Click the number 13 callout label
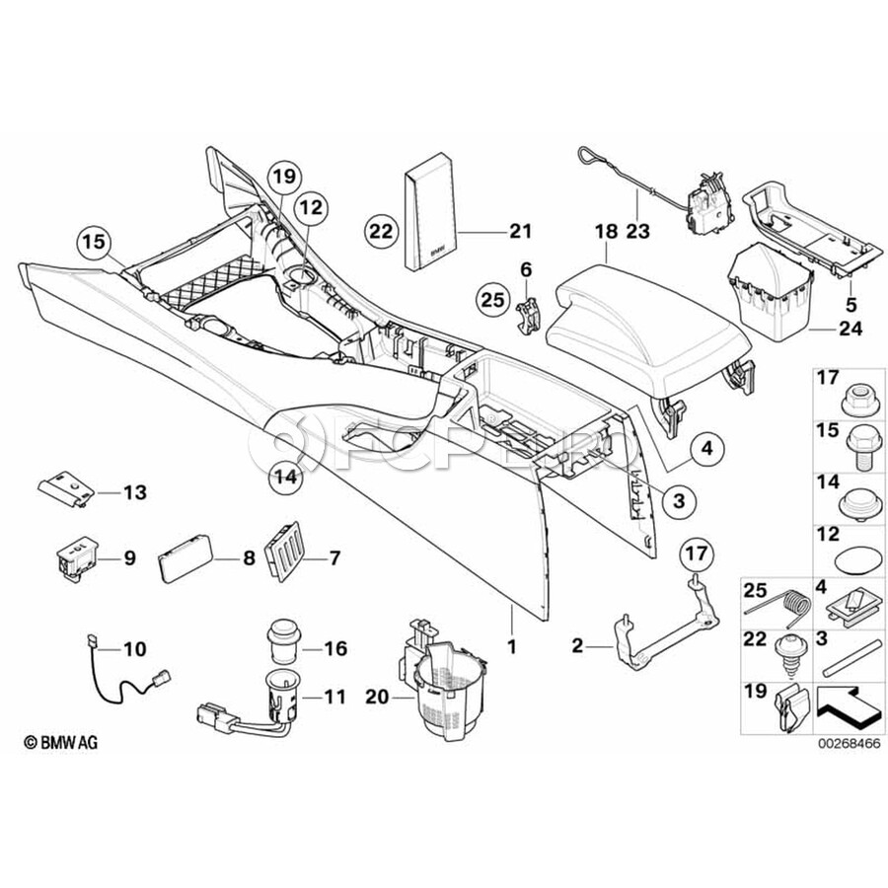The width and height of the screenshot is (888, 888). tap(134, 492)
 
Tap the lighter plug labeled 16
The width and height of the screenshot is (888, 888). tap(286, 642)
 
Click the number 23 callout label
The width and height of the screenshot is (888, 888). tap(638, 232)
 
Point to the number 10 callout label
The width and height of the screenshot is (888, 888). tap(133, 649)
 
